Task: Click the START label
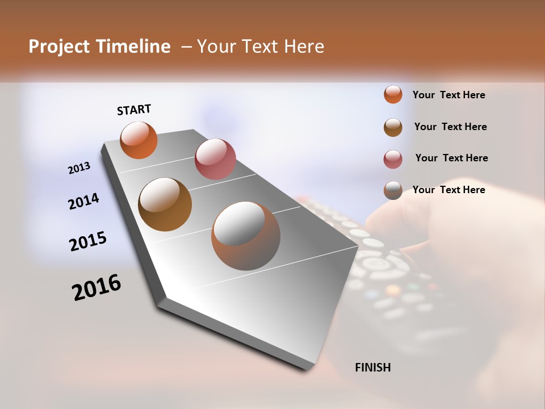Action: point(134,110)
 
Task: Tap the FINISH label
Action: point(372,368)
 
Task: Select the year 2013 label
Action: point(79,168)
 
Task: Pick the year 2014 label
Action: point(83,201)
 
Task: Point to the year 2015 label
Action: point(88,241)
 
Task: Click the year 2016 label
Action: point(97,287)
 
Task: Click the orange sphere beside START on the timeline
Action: point(139,140)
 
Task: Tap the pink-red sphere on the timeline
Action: point(215,159)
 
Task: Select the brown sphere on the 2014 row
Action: point(165,204)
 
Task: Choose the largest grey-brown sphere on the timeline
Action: point(246,236)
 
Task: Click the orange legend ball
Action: point(393,95)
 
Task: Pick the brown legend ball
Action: point(393,127)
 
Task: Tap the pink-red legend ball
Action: point(393,159)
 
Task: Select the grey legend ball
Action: point(393,190)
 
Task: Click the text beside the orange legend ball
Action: point(448,95)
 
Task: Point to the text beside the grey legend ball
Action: point(448,190)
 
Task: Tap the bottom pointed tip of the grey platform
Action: point(309,368)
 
